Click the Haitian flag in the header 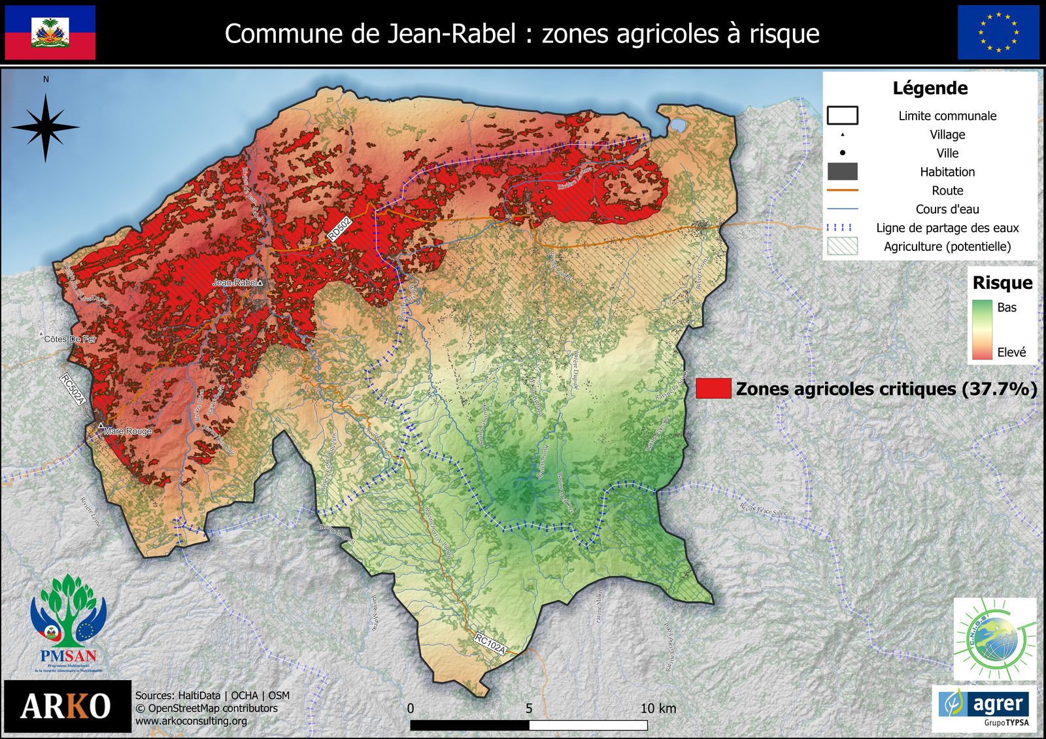[x=50, y=33]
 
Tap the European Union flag [x=998, y=33]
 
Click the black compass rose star [x=45, y=127]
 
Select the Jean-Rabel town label [x=235, y=282]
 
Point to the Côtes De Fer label [x=70, y=339]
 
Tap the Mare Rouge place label [x=127, y=431]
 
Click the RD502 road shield [x=340, y=229]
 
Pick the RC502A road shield [x=73, y=389]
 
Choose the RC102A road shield [x=490, y=644]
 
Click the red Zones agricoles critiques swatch [x=713, y=388]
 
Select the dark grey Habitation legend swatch [x=842, y=172]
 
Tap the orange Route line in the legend [x=842, y=190]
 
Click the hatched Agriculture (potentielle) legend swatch [x=842, y=246]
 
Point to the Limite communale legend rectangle [x=842, y=116]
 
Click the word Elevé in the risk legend [x=1011, y=352]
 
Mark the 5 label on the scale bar [x=529, y=708]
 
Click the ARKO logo [x=67, y=706]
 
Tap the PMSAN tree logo [x=68, y=621]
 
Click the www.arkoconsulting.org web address [x=191, y=721]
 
